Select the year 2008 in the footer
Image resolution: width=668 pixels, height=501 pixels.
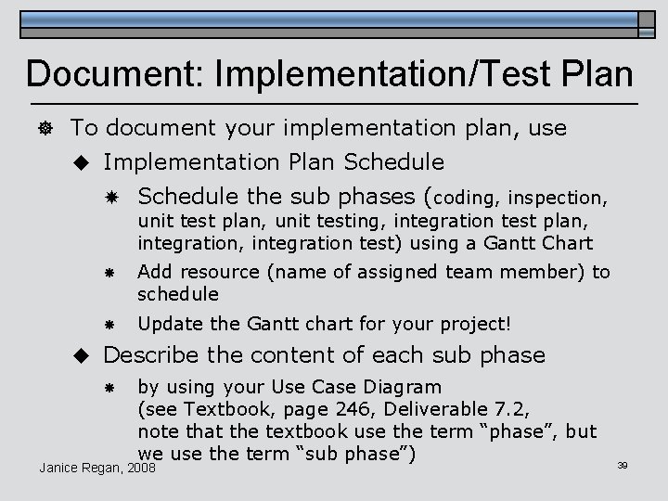point(142,469)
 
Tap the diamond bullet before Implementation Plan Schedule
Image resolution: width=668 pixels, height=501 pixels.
point(82,162)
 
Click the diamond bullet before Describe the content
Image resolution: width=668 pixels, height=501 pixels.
point(82,355)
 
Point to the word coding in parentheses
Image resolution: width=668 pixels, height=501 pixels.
point(467,198)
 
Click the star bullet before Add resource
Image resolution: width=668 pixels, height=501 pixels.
point(109,273)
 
